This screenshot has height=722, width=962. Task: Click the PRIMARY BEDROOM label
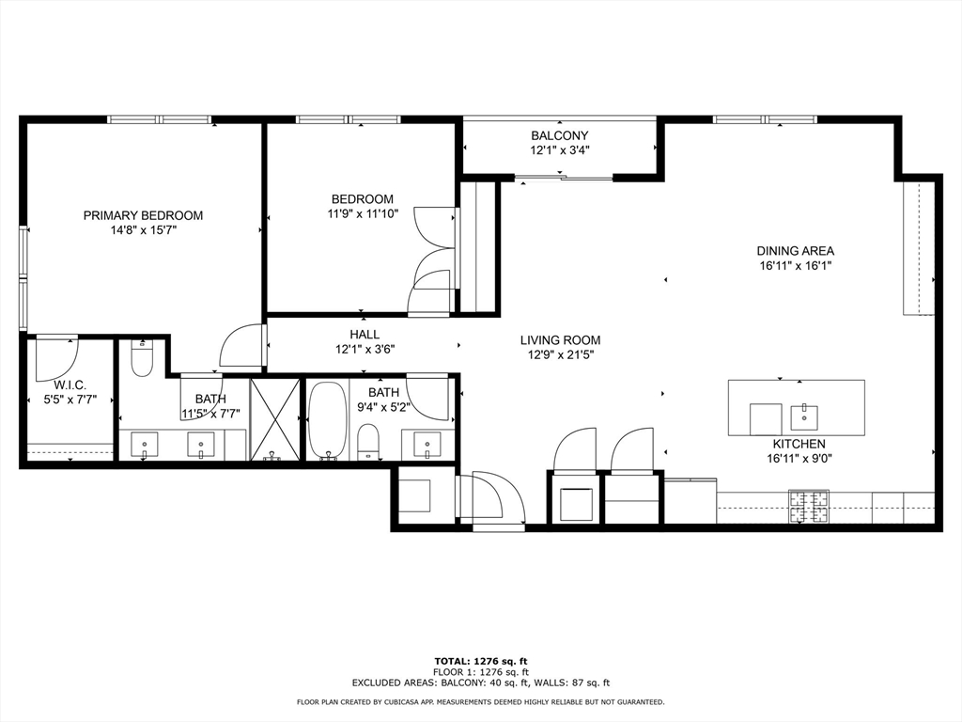coord(143,215)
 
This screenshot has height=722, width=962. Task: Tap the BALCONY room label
coord(560,135)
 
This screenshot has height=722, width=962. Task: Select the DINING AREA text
coord(795,251)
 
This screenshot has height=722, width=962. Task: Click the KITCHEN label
coord(799,444)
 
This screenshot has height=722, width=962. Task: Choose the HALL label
coord(365,334)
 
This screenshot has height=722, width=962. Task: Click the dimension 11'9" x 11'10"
coord(362,213)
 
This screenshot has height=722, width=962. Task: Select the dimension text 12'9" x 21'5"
coord(561,354)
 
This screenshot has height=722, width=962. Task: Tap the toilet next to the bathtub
coord(368,441)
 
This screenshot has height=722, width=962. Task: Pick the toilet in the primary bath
coord(142,359)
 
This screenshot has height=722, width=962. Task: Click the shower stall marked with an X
coord(274,419)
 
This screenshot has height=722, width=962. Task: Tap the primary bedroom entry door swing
coord(242,346)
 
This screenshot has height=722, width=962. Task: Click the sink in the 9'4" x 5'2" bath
coord(428,443)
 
